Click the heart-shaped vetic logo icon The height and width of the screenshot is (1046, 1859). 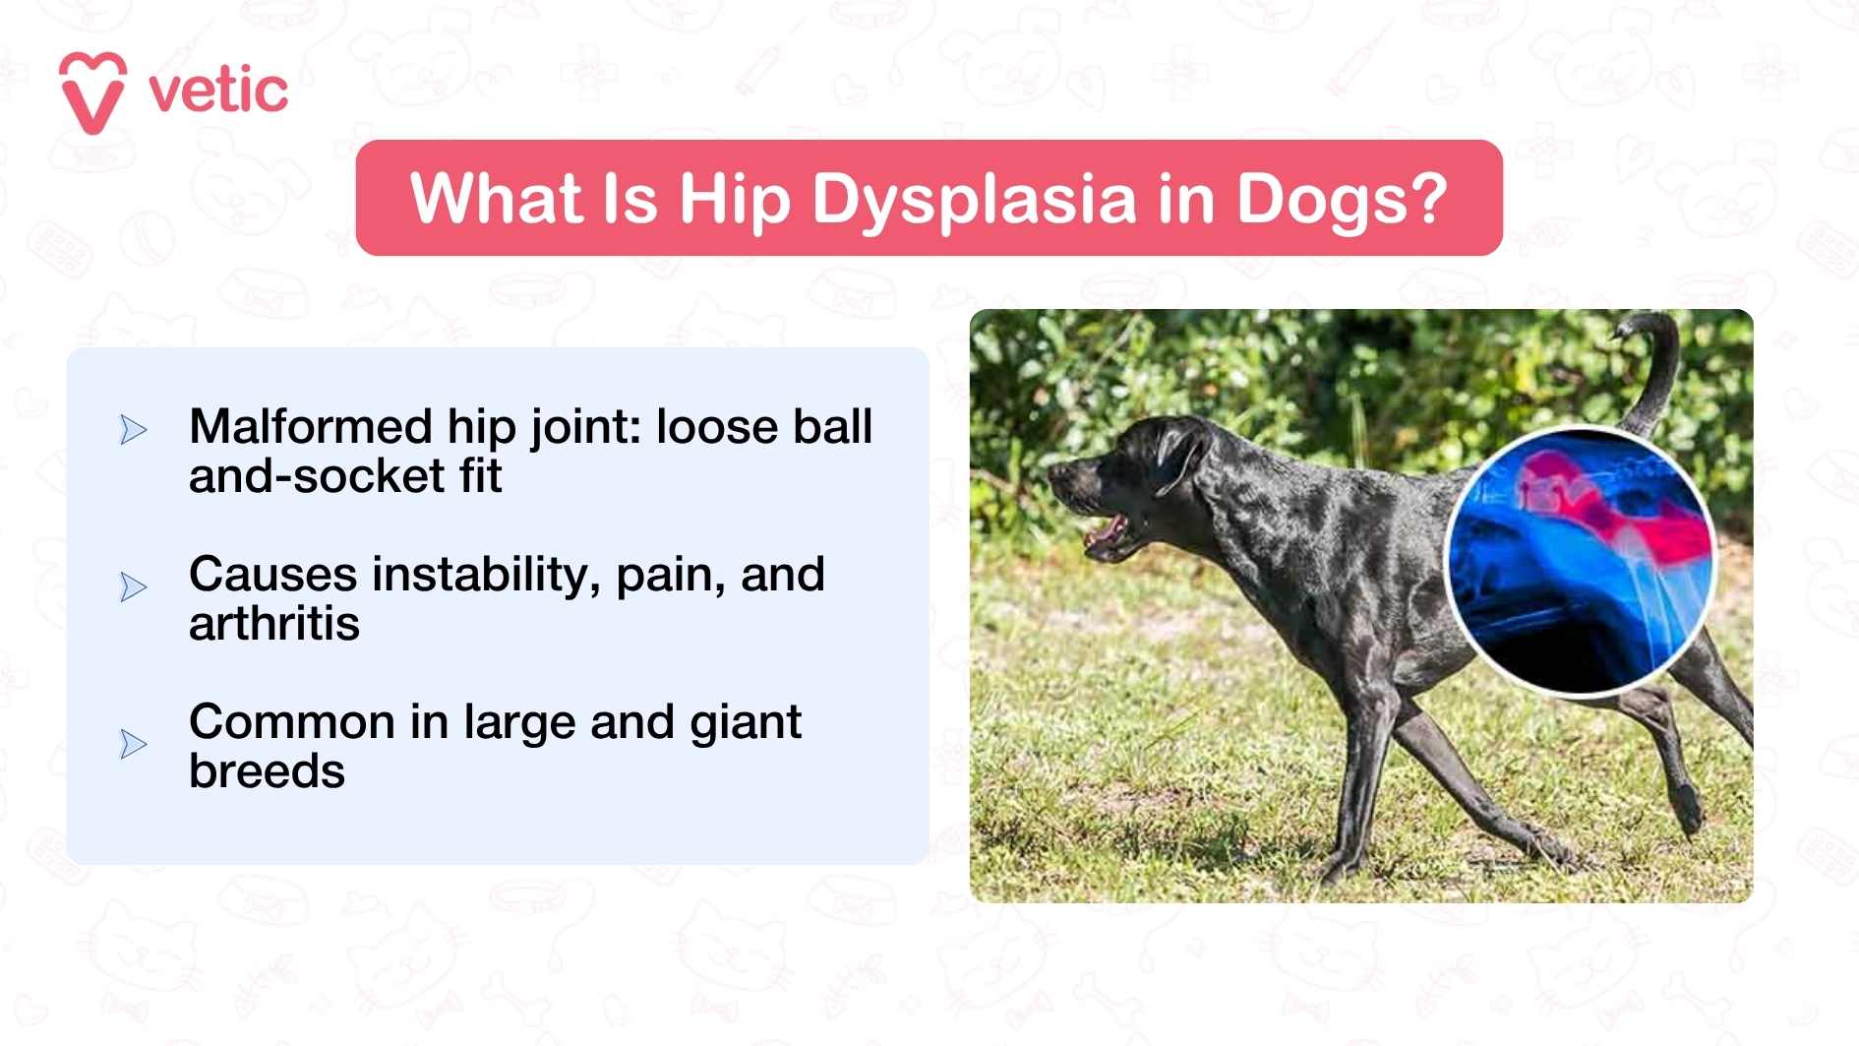pos(92,92)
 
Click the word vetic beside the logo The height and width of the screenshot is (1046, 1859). pos(217,92)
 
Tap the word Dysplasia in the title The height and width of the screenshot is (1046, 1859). pos(974,199)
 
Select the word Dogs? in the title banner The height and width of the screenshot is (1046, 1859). pos(1341,199)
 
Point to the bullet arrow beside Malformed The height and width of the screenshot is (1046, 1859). pos(133,430)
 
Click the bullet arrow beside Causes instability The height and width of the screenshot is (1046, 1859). pos(133,587)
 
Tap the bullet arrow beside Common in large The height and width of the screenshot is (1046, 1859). pos(133,744)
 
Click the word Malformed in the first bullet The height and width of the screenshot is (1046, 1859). pos(310,427)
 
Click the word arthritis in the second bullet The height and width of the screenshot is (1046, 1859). pos(273,624)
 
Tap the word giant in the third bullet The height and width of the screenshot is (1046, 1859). pos(745,722)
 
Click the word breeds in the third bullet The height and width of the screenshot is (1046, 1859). pos(267,771)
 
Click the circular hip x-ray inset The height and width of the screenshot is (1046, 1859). pos(1580,562)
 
